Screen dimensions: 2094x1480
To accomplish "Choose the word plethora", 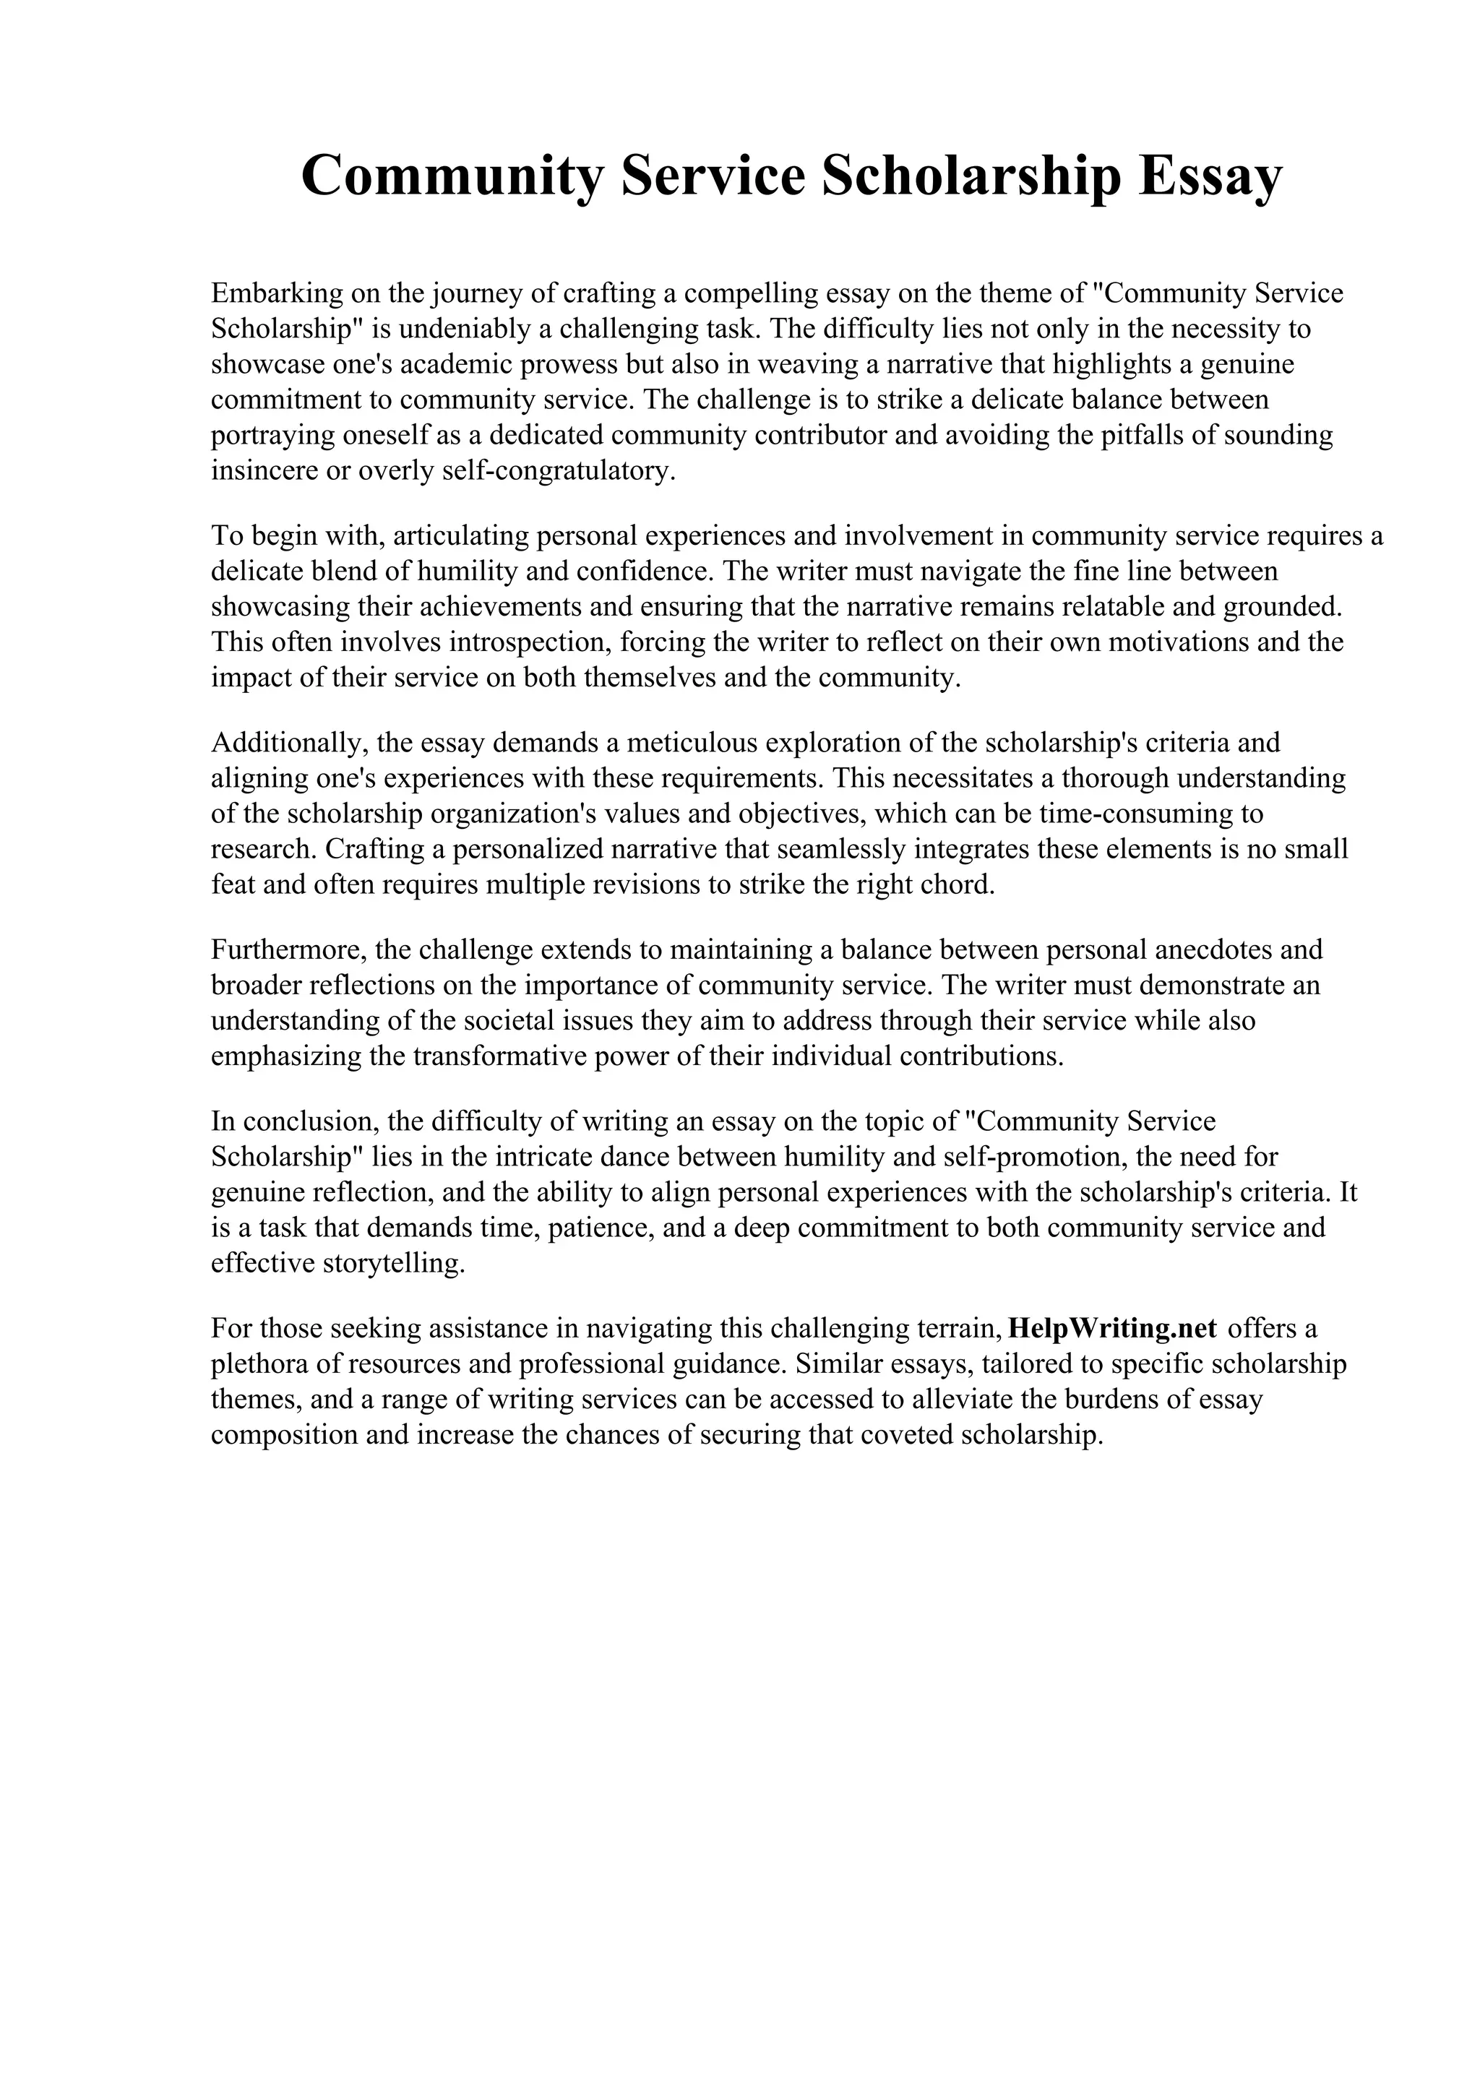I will pyautogui.click(x=257, y=1363).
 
